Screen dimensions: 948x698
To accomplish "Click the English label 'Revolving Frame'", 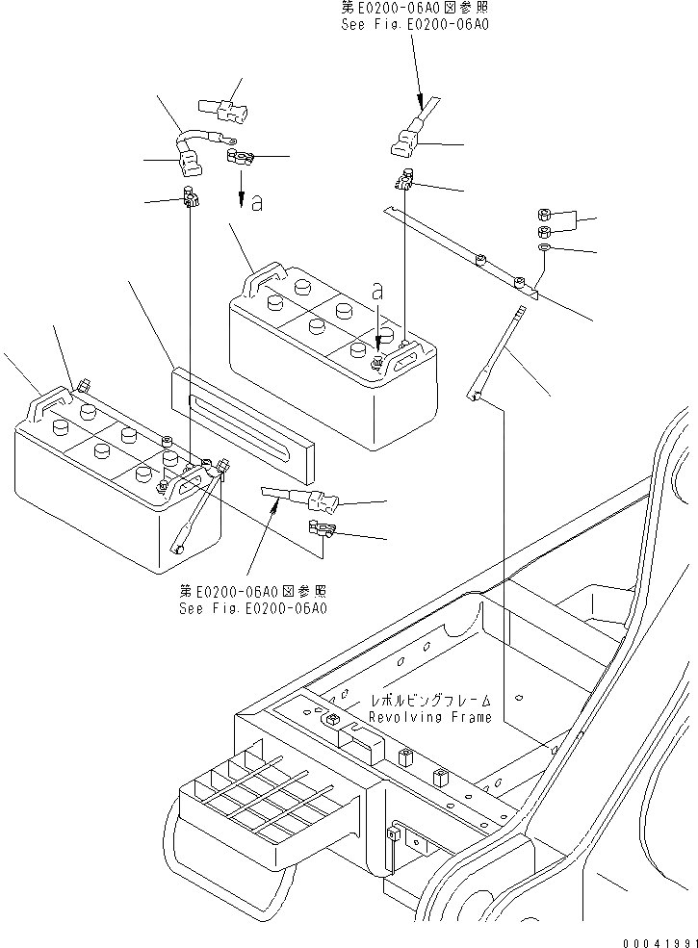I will [x=430, y=717].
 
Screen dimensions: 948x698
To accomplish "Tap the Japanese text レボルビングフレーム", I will [x=430, y=701].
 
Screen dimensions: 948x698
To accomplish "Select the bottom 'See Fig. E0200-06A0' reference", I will [x=252, y=608].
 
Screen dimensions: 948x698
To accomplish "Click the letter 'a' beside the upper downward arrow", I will [x=256, y=202].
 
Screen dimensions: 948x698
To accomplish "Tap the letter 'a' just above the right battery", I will [x=377, y=290].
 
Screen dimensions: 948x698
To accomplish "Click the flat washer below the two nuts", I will [x=545, y=249].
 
